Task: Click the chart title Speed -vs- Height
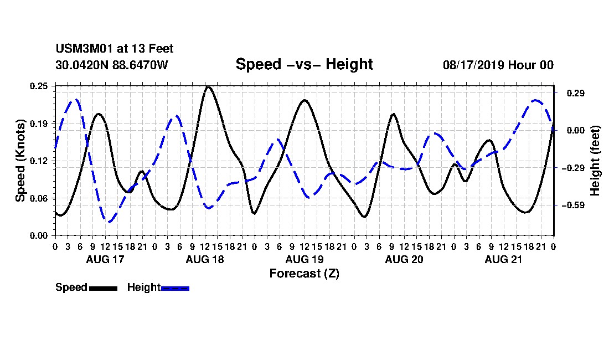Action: (304, 64)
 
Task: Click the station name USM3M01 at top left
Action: (82, 49)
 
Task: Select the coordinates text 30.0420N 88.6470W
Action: (111, 65)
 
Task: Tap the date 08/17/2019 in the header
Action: (473, 65)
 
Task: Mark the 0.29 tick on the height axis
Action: (575, 93)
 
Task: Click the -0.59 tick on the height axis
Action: (573, 205)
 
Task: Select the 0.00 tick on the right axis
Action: (575, 131)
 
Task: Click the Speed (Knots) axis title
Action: (20, 161)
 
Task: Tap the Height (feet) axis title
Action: (595, 161)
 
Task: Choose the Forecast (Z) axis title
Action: (304, 274)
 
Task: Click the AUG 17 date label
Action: (105, 259)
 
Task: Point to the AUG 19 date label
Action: (304, 259)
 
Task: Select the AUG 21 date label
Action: (503, 259)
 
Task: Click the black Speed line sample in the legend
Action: (103, 288)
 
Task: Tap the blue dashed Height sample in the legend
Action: (175, 288)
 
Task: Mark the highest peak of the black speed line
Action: (208, 87)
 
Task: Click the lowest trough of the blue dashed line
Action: (109, 222)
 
